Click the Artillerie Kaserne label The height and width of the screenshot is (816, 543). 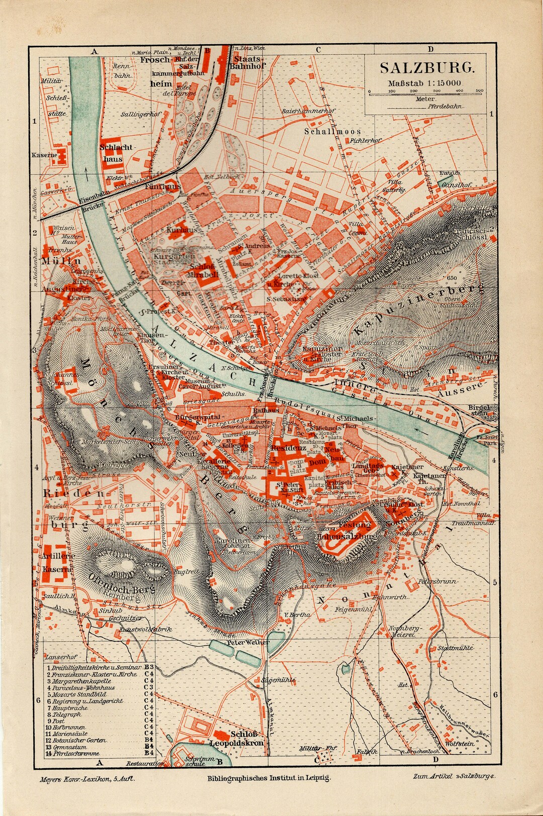pos(58,563)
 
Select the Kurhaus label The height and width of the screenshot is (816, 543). pos(179,229)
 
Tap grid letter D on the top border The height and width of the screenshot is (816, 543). pos(430,50)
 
